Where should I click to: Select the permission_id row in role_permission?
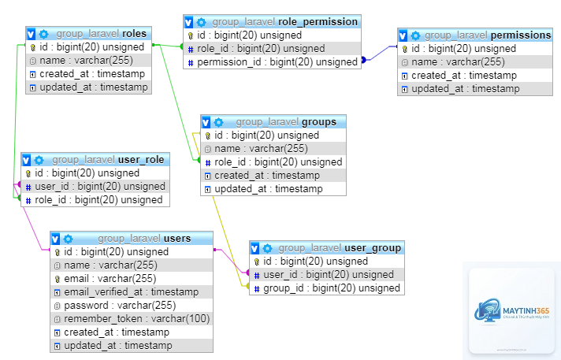coord(273,62)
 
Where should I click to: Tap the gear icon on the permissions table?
coord(415,35)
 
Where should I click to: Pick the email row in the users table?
coord(132,278)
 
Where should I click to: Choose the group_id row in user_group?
coord(327,288)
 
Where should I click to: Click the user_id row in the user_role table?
coord(95,187)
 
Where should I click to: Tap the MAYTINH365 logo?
coord(511,311)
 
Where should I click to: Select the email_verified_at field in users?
coord(132,292)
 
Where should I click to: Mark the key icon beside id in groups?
coord(207,135)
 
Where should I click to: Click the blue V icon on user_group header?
coord(254,248)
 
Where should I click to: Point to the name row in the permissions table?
coord(475,62)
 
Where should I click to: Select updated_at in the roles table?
coord(89,87)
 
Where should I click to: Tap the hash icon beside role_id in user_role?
coord(28,200)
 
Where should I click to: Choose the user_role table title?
coord(108,160)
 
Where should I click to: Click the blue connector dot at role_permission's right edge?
coord(363,60)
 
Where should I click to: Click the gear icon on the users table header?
coord(68,239)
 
